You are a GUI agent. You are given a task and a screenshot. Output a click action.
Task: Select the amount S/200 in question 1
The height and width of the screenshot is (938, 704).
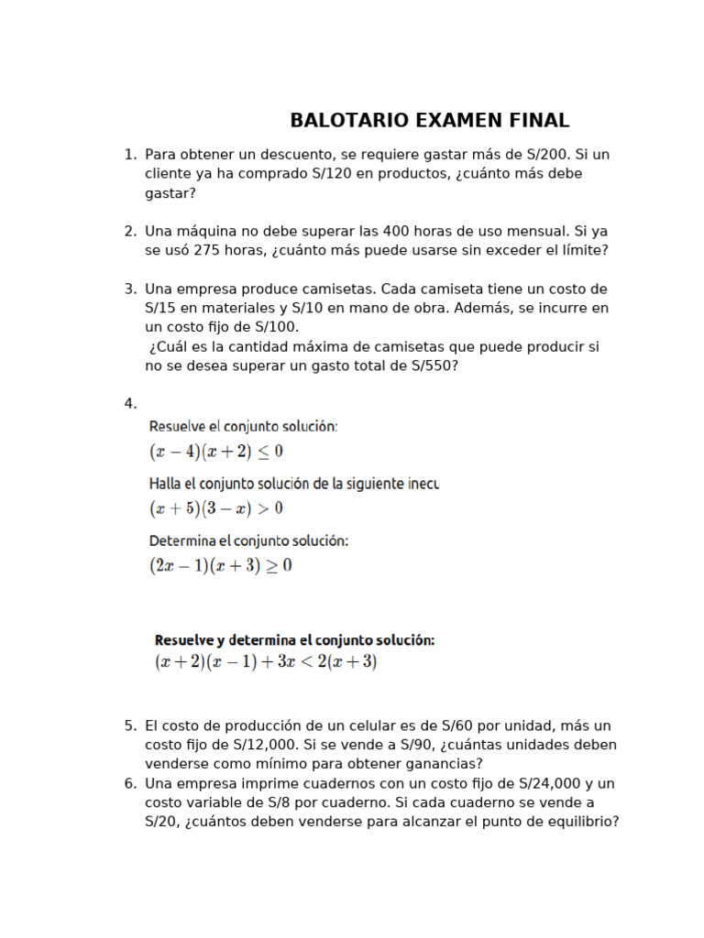point(547,154)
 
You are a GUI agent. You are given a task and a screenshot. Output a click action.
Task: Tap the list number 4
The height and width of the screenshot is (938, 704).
point(129,404)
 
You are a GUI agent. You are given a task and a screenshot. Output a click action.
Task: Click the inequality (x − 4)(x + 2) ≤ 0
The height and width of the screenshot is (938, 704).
point(216,451)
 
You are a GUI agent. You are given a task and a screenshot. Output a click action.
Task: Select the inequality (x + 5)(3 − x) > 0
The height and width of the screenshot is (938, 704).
point(216,507)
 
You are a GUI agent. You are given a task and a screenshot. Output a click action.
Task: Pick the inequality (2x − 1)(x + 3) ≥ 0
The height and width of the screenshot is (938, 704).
point(221,565)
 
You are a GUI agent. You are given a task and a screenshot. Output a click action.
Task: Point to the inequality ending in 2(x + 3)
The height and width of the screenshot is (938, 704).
point(266,661)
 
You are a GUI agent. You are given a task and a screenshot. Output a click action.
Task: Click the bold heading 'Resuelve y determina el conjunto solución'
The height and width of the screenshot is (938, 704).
point(294,640)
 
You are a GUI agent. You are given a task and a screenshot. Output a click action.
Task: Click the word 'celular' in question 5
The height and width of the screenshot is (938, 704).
point(375,725)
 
